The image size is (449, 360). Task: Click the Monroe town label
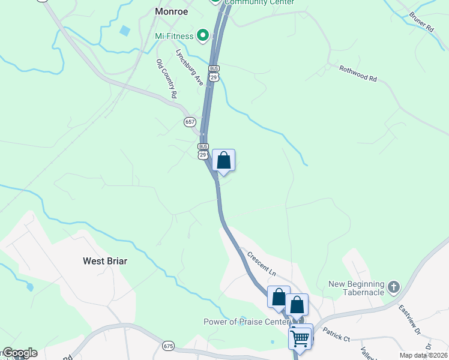[x=171, y=11]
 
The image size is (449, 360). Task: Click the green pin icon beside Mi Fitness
[x=203, y=36]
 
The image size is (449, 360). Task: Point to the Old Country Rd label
[x=167, y=78]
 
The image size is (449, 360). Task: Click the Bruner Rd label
[x=421, y=21]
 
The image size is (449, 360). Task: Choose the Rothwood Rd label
[x=358, y=74]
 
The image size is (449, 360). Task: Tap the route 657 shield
[x=190, y=121]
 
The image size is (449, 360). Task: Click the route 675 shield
[x=169, y=346]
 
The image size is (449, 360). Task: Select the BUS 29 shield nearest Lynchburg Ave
[x=214, y=73]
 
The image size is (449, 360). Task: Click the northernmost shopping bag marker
[x=223, y=161]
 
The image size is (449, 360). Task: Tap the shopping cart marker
[x=300, y=337]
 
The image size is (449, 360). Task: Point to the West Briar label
[x=105, y=261]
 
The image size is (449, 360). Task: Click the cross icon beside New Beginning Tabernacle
[x=394, y=287]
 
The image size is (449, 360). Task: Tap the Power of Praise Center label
[x=238, y=322]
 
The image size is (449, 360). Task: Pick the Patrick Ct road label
[x=336, y=334]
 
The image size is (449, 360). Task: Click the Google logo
[x=19, y=353]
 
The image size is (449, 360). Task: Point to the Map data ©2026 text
[x=423, y=355]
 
